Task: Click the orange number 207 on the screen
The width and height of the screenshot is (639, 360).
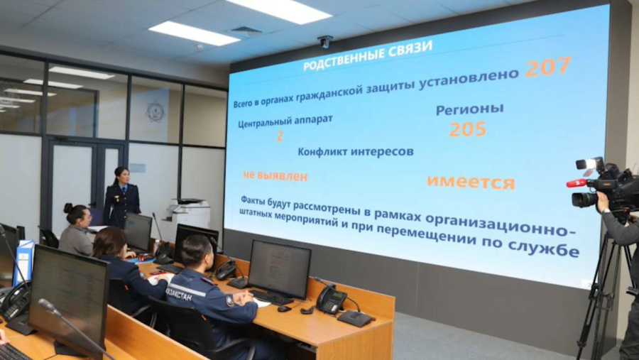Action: (547, 67)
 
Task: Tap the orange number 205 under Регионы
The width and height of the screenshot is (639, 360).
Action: (467, 129)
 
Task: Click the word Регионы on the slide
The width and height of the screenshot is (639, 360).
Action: (469, 109)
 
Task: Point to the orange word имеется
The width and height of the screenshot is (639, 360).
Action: (470, 182)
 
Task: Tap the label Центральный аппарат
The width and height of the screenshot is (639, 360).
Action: (285, 120)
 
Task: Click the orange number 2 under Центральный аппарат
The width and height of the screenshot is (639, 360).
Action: (280, 135)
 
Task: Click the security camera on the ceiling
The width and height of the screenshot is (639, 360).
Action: (325, 41)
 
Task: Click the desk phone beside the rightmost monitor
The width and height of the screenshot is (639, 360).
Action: (330, 299)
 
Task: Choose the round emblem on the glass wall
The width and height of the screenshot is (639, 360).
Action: (155, 111)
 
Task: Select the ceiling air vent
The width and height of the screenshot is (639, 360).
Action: (246, 31)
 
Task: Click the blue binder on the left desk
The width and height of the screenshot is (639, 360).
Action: (23, 263)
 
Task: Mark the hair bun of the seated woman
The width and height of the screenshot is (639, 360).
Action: (68, 209)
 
